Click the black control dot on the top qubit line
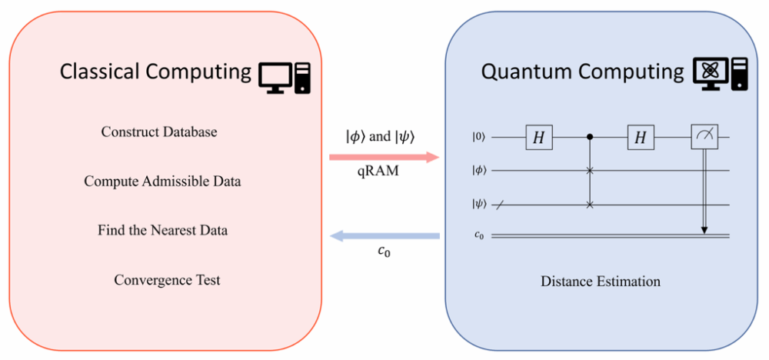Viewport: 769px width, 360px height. (x=590, y=138)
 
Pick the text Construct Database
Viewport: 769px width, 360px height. (x=159, y=132)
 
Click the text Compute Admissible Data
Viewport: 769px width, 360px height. (x=162, y=182)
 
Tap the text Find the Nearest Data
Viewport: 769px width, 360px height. (x=162, y=230)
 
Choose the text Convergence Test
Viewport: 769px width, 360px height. (x=167, y=279)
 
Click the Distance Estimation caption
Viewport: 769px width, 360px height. (x=601, y=281)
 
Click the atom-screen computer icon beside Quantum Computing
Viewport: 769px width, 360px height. (x=719, y=75)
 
